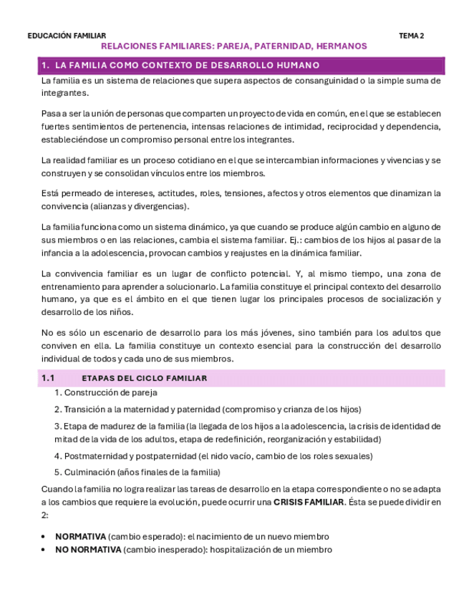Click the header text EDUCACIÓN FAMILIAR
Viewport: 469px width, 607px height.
(x=67, y=36)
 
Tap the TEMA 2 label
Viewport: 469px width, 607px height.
(x=411, y=36)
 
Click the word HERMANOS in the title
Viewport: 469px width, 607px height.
(x=341, y=47)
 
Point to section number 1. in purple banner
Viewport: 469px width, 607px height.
(x=45, y=65)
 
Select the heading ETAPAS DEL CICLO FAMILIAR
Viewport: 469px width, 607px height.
(x=145, y=378)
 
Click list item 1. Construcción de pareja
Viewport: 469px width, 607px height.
(x=106, y=392)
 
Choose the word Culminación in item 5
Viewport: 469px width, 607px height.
(x=89, y=472)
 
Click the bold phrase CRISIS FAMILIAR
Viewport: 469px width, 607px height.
(x=309, y=502)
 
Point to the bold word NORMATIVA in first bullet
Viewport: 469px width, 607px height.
(x=80, y=536)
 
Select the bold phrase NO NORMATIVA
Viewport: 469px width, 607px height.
(x=88, y=550)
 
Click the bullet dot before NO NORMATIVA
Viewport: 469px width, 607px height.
(x=44, y=550)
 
